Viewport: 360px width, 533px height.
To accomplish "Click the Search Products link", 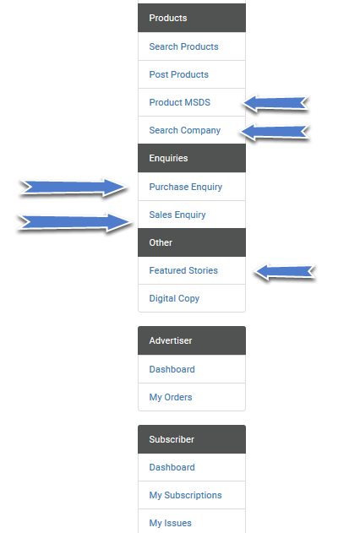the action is (183, 46).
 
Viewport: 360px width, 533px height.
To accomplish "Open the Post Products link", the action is (179, 74).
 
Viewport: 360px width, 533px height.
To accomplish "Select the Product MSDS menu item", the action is (180, 102).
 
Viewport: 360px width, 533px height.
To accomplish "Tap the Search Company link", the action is (185, 130).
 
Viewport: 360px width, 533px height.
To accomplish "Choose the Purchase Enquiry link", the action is (186, 187).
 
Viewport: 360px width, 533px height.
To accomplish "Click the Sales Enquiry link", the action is (177, 215).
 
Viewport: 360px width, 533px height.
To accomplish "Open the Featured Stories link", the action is (183, 270).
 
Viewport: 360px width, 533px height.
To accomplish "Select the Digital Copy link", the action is (174, 298).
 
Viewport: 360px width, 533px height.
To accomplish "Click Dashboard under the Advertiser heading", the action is (172, 369).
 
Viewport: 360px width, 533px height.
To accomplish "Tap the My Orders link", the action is (171, 397).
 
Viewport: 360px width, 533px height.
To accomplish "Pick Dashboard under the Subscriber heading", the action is (172, 467).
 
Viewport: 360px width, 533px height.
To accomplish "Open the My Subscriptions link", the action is (186, 495).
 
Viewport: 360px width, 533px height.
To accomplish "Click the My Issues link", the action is (171, 523).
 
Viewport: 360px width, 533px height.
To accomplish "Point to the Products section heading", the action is (168, 18).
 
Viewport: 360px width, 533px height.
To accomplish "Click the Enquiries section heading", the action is (169, 158).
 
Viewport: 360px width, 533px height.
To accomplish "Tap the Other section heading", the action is (161, 242).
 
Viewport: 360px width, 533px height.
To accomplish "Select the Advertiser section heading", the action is (171, 340).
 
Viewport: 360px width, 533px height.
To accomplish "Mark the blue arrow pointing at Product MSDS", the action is (275, 103).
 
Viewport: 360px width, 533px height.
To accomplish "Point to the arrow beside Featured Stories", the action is (285, 272).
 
